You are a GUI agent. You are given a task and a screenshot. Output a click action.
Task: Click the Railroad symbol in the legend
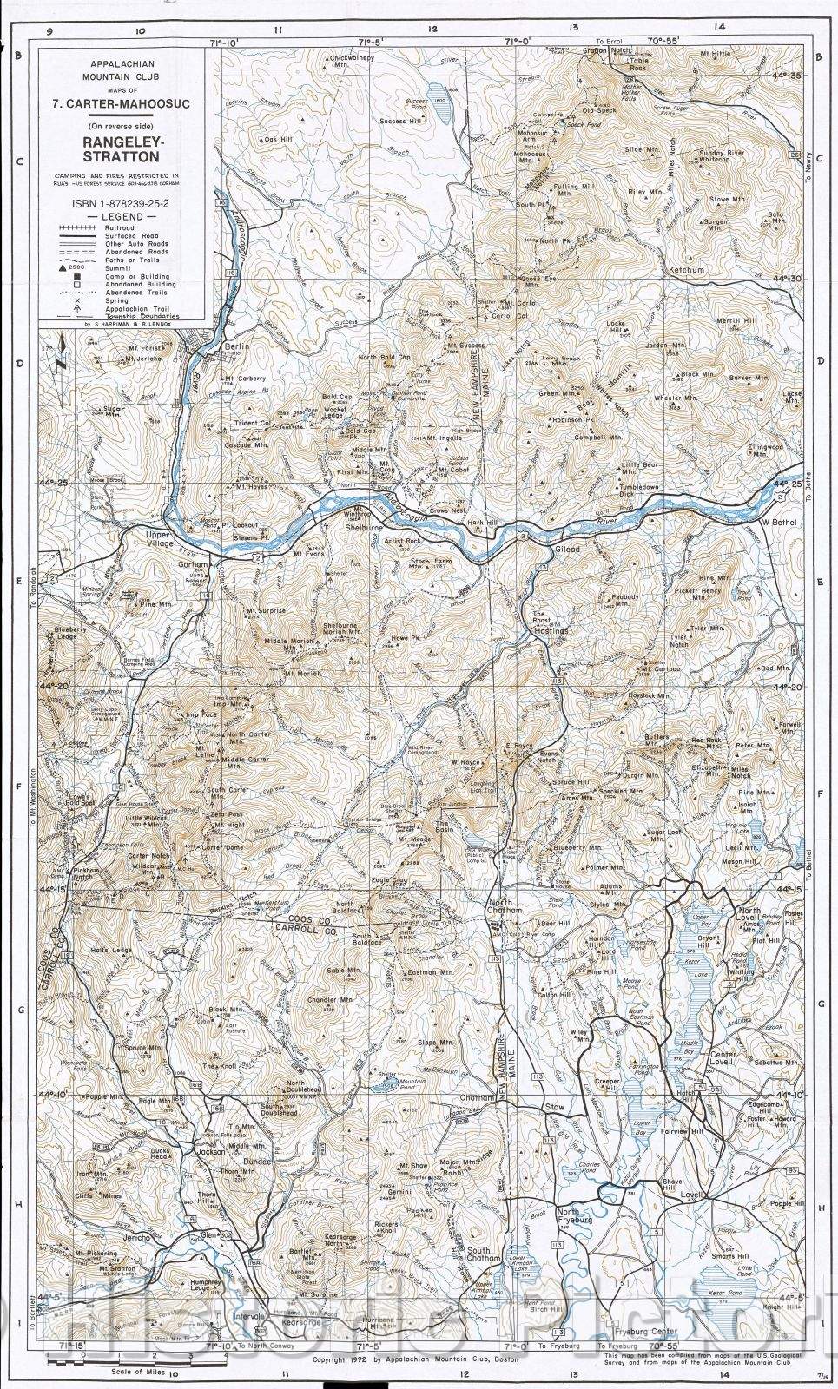coord(76,227)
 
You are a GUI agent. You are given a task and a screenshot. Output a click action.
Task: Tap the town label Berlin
coord(237,346)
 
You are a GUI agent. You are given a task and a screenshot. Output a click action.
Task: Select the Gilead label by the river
coord(567,550)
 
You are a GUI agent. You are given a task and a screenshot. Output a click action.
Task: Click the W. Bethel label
coord(777,522)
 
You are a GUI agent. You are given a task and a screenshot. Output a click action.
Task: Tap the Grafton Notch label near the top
coord(606,50)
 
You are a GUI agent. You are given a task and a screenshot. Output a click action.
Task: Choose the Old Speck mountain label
coord(599,110)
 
